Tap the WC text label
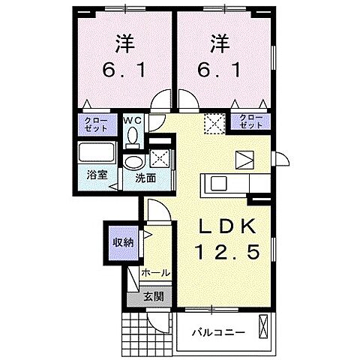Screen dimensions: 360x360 point(133,120)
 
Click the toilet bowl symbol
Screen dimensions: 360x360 point(133,137)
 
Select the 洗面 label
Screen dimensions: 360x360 point(145,178)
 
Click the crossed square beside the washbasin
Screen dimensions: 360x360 point(159,157)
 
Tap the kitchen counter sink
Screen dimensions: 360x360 point(217,184)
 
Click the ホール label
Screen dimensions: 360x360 point(155,273)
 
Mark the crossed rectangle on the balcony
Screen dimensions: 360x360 point(262,326)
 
